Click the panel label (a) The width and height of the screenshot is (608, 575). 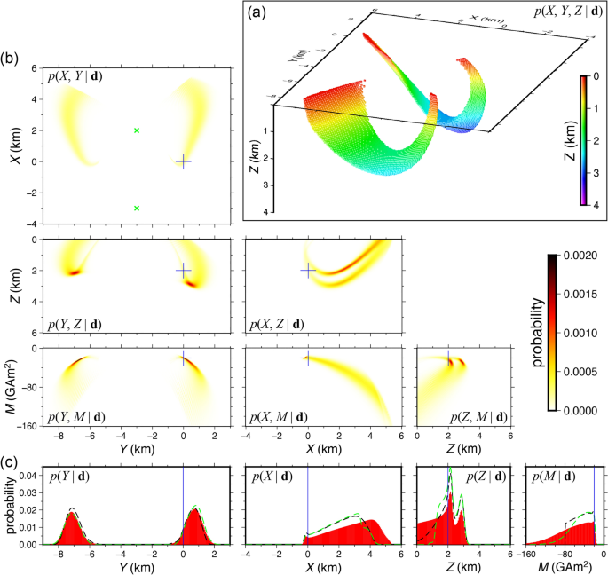(x=257, y=12)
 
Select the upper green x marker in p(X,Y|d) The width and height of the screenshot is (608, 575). (x=137, y=130)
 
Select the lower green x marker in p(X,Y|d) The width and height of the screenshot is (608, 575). (x=137, y=209)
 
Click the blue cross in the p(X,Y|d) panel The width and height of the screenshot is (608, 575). (x=183, y=161)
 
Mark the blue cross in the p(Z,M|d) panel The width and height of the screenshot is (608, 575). (x=448, y=359)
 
